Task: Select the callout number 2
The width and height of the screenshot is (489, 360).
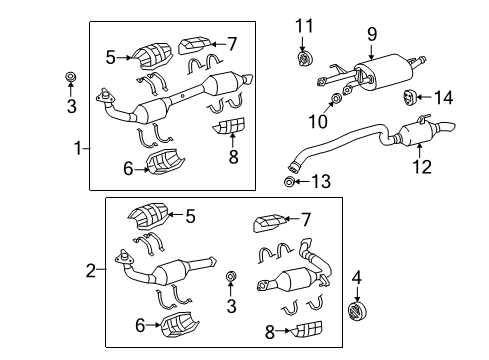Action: (x=90, y=270)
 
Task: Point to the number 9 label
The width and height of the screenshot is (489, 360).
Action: (x=371, y=35)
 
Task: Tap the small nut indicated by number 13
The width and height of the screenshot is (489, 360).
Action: (x=290, y=181)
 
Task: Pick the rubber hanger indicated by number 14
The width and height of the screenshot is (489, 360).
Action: (x=410, y=97)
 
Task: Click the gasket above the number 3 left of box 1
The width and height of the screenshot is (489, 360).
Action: (x=70, y=77)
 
